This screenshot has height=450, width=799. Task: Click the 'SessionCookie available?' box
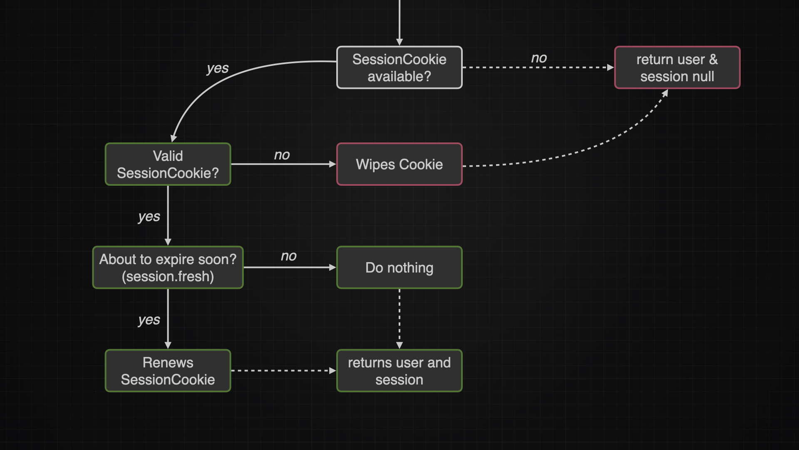coord(399,67)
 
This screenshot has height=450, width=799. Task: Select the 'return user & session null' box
coord(677,67)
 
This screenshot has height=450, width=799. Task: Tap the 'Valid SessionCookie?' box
coord(168,164)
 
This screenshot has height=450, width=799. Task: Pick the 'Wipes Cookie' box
coord(399,164)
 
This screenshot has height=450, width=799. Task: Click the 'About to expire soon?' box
coord(168,267)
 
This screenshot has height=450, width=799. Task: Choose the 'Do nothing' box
coord(399,267)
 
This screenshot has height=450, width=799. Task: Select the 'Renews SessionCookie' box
coord(168,371)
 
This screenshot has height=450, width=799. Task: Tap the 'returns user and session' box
coord(399,371)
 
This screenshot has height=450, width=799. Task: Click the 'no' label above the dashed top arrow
coord(539,58)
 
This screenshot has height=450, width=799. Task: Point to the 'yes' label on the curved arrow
coord(218,68)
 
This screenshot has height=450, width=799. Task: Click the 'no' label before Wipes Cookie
coord(282,155)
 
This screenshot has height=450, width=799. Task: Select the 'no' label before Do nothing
coord(289,256)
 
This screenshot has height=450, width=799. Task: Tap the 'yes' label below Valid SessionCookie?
coord(149,217)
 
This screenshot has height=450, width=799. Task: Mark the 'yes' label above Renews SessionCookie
coord(149,320)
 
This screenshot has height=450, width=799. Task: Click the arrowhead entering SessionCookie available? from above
coord(399,42)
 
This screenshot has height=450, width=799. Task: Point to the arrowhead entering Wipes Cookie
coord(333,164)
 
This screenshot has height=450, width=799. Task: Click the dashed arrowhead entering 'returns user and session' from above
coord(399,345)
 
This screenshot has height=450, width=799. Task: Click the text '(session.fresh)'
coord(168,277)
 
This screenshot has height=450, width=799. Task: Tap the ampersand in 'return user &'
coord(713,60)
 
